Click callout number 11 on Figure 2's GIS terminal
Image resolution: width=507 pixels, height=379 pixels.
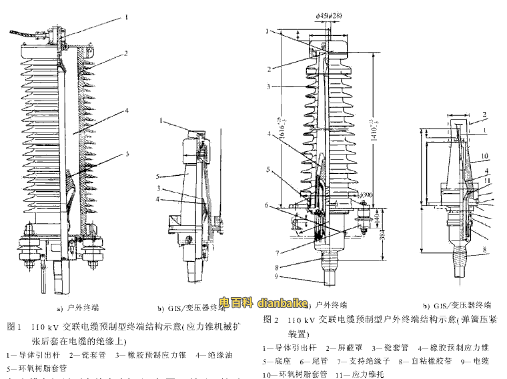click(487, 180)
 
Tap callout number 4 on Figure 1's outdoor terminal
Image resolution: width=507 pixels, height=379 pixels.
click(125, 111)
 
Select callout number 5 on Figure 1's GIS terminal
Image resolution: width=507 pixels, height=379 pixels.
click(157, 176)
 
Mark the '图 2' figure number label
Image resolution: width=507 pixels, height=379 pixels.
click(272, 320)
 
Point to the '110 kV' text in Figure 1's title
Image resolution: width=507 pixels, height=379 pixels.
click(46, 327)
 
